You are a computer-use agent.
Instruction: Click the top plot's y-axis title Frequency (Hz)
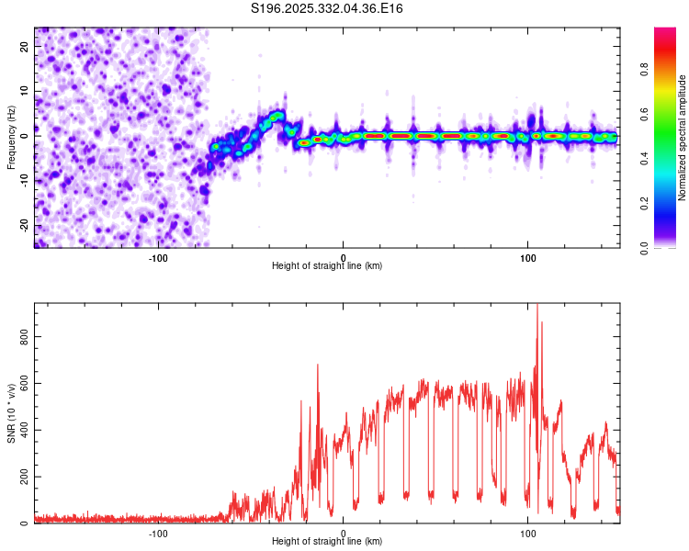[x=11, y=138]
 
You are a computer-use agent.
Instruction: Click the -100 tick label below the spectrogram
[x=158, y=257]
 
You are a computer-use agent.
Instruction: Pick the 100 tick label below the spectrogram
[x=528, y=257]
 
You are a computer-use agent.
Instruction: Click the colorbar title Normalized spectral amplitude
[x=683, y=138]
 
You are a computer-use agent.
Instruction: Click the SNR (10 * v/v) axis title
[x=11, y=413]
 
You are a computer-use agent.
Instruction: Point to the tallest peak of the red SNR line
[x=537, y=305]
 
